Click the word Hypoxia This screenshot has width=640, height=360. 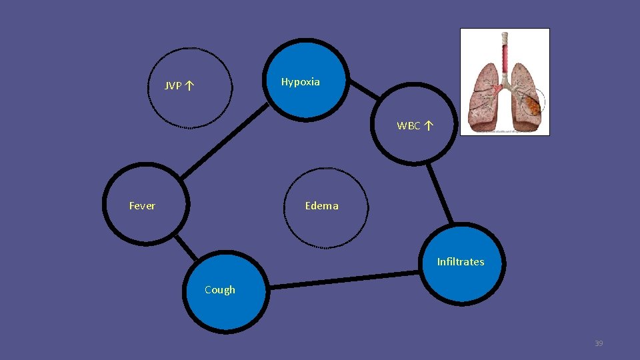pyautogui.click(x=300, y=82)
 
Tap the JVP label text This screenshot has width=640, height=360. pyautogui.click(x=173, y=86)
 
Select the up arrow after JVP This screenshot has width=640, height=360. pyautogui.click(x=191, y=85)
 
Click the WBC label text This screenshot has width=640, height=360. pyautogui.click(x=409, y=125)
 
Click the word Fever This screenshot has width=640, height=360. pyautogui.click(x=142, y=206)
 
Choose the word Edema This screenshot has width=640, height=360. pyautogui.click(x=321, y=206)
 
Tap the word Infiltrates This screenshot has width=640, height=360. pyautogui.click(x=461, y=262)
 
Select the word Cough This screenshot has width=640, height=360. pyautogui.click(x=220, y=290)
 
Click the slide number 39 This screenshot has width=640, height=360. pyautogui.click(x=599, y=343)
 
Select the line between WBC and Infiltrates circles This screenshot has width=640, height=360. pyautogui.click(x=440, y=193)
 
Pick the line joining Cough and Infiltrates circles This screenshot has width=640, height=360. pyautogui.click(x=347, y=279)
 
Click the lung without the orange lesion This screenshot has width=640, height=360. pyautogui.click(x=485, y=97)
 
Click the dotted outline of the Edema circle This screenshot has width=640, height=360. pyautogui.click(x=285, y=208)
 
